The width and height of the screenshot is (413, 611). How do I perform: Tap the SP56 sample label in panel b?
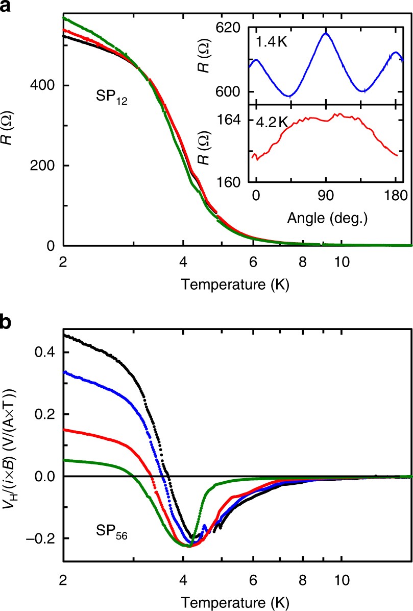tap(123, 536)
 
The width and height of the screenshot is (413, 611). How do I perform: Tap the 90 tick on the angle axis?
tap(326, 195)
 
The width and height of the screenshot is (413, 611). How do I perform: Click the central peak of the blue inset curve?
tap(325, 33)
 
